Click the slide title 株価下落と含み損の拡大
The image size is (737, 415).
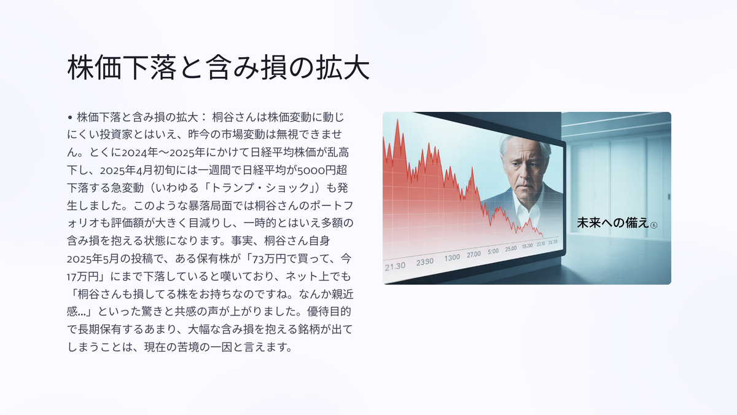[x=219, y=68]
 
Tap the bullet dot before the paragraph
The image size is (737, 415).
[x=70, y=117]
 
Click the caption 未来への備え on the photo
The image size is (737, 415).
[x=613, y=223]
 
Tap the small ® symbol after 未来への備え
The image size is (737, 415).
[x=654, y=225]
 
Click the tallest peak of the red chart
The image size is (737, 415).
[x=398, y=120]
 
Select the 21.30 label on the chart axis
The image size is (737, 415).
[x=395, y=266]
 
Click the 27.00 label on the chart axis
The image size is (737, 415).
[x=474, y=255]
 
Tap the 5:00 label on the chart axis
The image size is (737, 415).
[x=493, y=251]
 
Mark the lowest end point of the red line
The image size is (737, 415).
[x=543, y=237]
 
